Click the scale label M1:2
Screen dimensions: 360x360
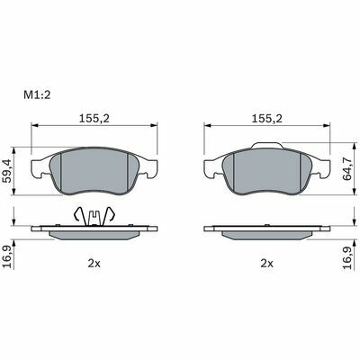37,95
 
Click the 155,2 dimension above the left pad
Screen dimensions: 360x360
94,119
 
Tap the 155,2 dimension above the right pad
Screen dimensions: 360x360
266,119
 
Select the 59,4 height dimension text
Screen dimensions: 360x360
7,171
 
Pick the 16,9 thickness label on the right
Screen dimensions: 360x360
349,257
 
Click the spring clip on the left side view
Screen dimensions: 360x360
94,217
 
